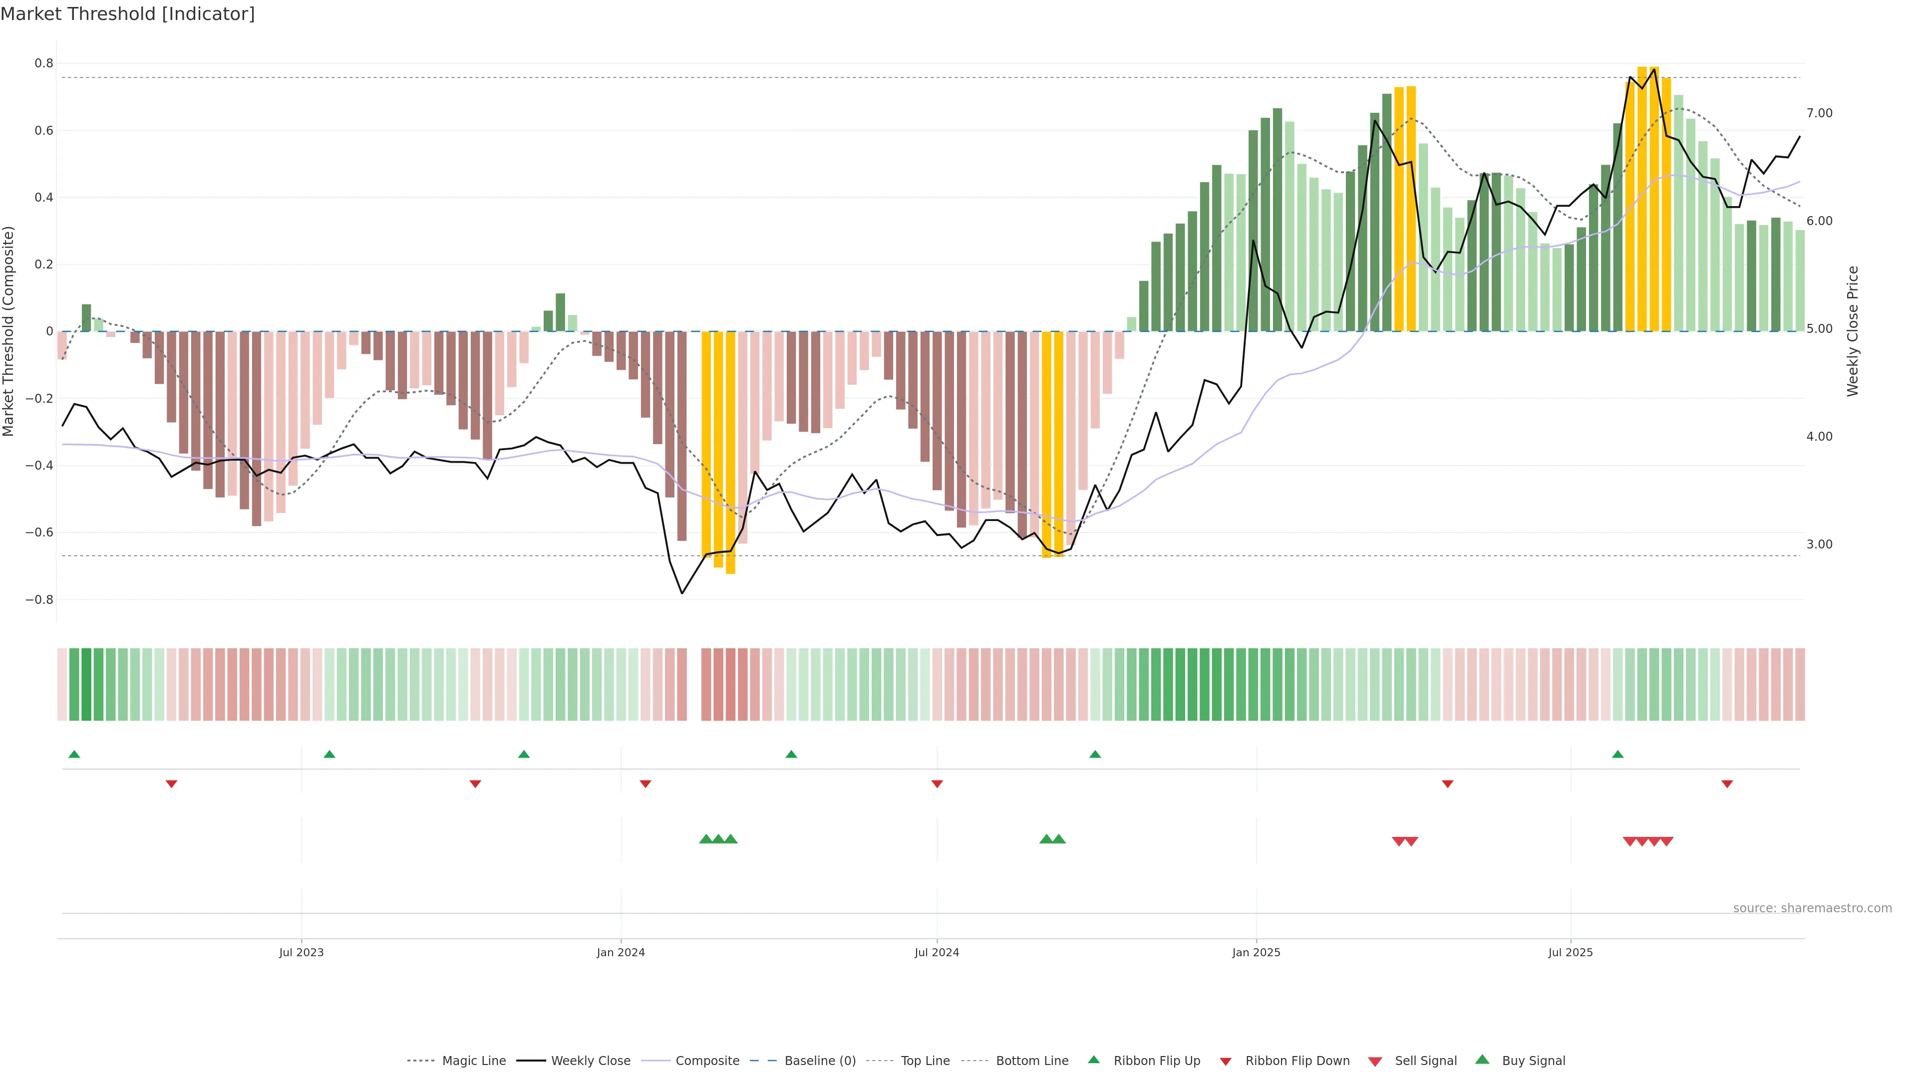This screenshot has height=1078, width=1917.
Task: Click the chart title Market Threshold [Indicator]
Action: click(127, 14)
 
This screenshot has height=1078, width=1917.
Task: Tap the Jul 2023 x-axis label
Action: click(302, 952)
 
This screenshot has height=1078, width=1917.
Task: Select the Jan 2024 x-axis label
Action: click(621, 952)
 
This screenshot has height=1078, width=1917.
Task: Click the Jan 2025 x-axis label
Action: click(1256, 952)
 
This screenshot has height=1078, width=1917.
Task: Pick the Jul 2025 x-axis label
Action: click(1570, 952)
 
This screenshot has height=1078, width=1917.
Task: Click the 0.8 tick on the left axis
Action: click(44, 63)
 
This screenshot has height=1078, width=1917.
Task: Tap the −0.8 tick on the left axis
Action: click(39, 599)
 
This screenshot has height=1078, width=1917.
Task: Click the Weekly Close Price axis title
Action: click(1852, 331)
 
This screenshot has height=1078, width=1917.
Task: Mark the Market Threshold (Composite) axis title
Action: click(9, 331)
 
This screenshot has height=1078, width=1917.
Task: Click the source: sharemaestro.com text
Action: click(1812, 908)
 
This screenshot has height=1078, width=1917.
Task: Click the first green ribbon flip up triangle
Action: click(74, 755)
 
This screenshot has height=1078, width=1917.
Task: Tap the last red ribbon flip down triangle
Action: click(1727, 784)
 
